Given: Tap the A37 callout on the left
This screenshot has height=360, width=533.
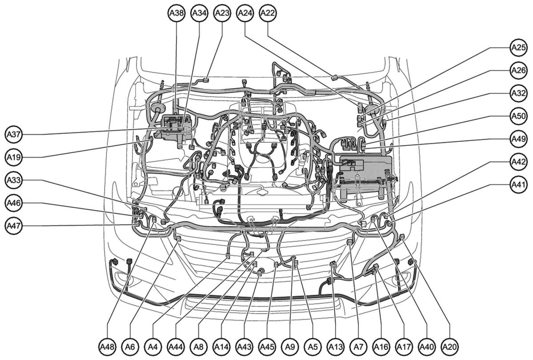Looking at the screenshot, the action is [x=14, y=135].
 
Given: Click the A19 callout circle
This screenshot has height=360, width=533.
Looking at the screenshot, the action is [x=14, y=157].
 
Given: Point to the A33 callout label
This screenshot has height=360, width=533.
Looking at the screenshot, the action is [x=14, y=180].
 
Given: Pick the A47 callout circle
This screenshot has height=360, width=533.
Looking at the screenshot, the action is [x=14, y=226].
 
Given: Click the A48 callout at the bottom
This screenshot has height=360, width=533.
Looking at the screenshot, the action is [x=108, y=347].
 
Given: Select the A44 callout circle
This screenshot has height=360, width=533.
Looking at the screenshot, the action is [x=176, y=347].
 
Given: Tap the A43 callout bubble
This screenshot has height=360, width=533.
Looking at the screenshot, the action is [x=244, y=347].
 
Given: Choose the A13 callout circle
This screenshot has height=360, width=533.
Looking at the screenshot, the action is [x=336, y=347].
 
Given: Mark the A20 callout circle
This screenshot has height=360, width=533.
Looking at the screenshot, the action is [x=450, y=347].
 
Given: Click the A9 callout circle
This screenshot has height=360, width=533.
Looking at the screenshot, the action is [x=290, y=347].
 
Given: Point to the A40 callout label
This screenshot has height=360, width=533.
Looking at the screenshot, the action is [x=427, y=347].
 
